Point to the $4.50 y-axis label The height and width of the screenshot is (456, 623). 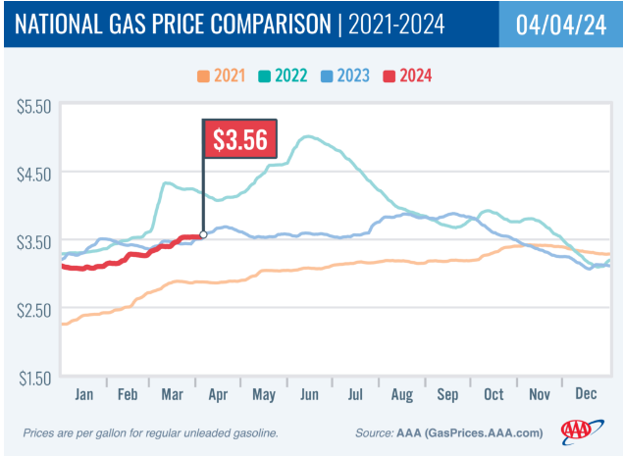(31, 173)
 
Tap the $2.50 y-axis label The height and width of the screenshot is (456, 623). (31, 310)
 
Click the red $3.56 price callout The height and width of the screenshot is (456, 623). (240, 139)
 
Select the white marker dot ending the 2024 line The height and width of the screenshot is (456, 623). (203, 235)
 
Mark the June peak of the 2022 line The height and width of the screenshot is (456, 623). (309, 137)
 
